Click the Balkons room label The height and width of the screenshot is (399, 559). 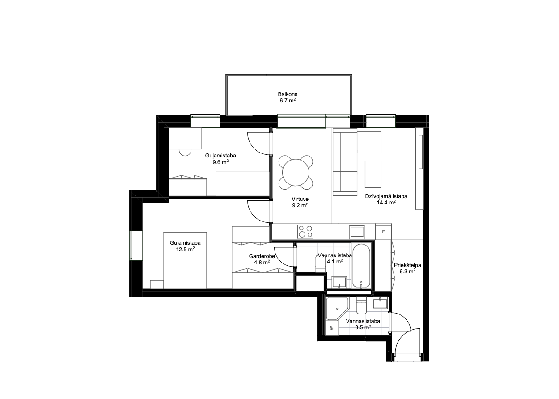coord(288,94)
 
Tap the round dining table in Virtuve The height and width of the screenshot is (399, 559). coord(296,172)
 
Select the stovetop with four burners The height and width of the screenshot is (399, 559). coord(305,231)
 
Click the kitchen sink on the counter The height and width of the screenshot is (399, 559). coord(357,232)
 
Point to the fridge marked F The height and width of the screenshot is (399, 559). coord(383,232)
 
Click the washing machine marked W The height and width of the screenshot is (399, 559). coord(332,328)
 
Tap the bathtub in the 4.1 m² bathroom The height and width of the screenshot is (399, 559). coord(361,266)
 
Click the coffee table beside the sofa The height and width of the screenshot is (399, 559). coord(373,174)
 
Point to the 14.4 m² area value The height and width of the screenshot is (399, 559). coord(386,203)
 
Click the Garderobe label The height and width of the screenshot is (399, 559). coord(262,256)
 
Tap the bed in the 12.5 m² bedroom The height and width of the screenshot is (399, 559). coord(185,260)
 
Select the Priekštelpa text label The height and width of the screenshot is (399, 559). coord(407,265)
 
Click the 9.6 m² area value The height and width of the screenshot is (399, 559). coord(220,162)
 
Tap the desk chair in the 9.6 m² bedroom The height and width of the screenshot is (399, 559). coord(185,153)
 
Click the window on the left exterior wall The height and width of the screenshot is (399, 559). coord(136,246)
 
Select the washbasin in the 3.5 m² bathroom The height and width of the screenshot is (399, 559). coord(380,303)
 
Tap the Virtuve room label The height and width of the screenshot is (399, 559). coord(300,199)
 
